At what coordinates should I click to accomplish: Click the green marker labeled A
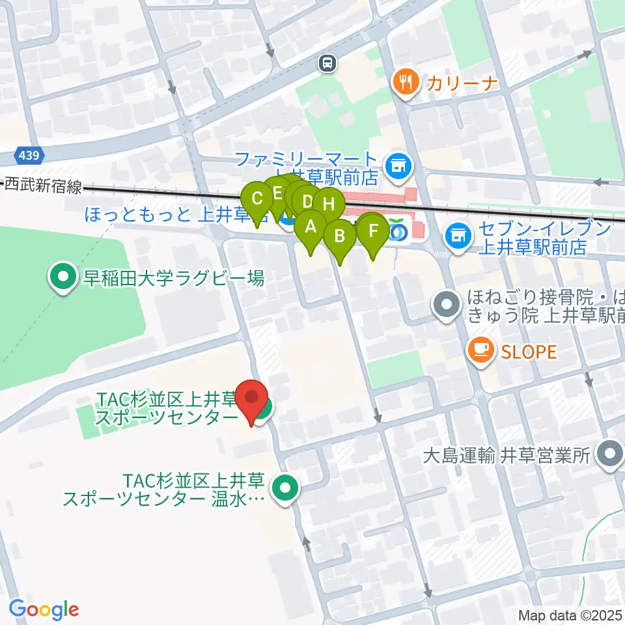click(311, 228)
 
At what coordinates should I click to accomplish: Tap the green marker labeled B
click(339, 236)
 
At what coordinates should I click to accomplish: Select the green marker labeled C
click(257, 199)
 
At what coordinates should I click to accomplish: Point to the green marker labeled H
click(329, 204)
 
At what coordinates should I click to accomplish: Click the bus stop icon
click(327, 63)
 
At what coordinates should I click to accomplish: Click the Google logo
click(44, 609)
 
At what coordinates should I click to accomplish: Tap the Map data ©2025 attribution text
click(570, 615)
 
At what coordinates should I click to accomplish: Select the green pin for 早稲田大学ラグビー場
click(63, 279)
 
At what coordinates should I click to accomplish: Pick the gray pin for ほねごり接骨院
click(447, 306)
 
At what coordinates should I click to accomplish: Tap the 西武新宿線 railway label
click(43, 186)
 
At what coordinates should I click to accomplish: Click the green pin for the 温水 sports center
click(285, 489)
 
